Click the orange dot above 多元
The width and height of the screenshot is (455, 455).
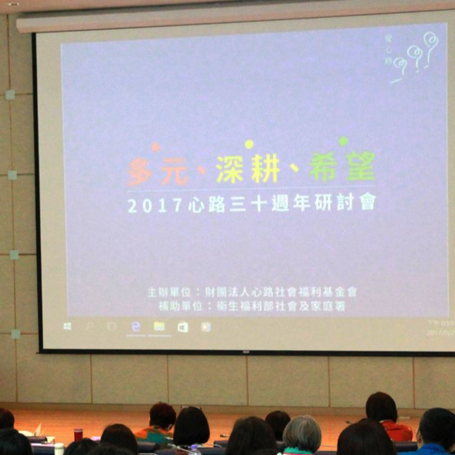click(155, 146)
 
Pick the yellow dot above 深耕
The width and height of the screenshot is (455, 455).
click(249, 144)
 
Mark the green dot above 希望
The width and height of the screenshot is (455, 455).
click(342, 141)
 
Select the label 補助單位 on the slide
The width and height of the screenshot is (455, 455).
click(178, 306)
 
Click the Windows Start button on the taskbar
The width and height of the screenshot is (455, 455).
click(68, 327)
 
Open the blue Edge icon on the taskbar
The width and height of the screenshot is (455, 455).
click(136, 327)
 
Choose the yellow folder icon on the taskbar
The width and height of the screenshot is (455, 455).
click(159, 327)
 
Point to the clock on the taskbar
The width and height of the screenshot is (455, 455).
click(437, 328)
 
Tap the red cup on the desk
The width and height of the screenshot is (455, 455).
click(78, 434)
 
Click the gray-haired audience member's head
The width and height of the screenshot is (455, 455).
click(302, 433)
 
